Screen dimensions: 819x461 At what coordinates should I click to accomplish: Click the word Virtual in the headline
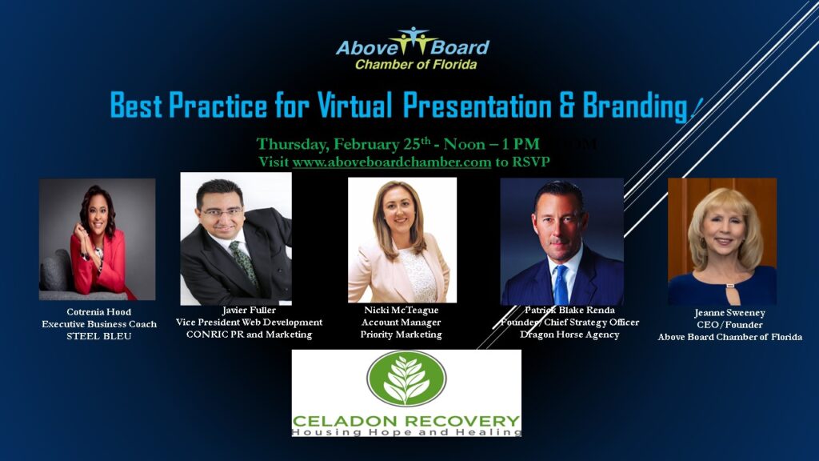(x=354, y=105)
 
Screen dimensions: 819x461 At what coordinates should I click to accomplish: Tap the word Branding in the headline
(x=634, y=106)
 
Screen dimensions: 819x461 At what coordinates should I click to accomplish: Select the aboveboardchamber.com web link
(x=392, y=162)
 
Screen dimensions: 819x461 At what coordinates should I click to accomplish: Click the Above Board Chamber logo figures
(x=413, y=40)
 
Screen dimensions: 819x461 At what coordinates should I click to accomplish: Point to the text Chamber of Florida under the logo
(x=416, y=64)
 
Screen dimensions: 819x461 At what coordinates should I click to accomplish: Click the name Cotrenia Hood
(x=98, y=312)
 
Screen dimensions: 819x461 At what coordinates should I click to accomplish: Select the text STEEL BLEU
(x=98, y=336)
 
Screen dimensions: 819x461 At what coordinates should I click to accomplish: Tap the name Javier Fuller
(x=249, y=310)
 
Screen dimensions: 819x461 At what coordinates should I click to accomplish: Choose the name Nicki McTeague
(x=402, y=310)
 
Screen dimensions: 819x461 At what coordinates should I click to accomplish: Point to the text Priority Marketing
(x=402, y=335)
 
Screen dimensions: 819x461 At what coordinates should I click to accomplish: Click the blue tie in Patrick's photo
(x=561, y=285)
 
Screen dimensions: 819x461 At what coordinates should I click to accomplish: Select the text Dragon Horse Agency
(x=569, y=335)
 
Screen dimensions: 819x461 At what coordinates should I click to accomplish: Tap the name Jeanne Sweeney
(x=729, y=313)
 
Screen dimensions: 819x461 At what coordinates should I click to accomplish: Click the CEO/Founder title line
(x=729, y=325)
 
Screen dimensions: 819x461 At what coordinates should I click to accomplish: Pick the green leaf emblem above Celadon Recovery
(x=406, y=379)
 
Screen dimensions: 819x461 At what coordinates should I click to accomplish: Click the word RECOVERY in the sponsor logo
(x=457, y=421)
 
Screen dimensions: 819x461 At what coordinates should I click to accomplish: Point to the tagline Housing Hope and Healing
(x=406, y=432)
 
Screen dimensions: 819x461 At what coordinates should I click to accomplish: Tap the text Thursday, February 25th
(x=343, y=144)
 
